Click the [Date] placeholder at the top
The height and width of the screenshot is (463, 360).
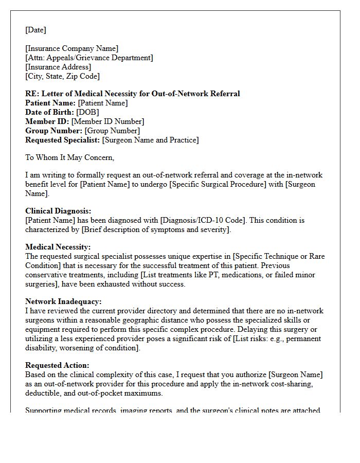point(35,30)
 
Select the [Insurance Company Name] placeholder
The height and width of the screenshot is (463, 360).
point(71,49)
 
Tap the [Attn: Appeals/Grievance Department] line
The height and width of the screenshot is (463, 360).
point(89,58)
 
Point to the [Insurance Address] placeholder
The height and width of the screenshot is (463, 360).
point(58,67)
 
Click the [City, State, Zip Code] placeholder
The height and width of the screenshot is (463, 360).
point(62,77)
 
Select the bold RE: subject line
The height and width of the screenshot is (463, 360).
point(133,94)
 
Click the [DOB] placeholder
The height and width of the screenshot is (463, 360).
point(87,112)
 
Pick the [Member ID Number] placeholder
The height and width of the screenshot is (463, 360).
point(107,121)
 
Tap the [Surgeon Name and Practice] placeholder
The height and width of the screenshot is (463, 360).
point(150,140)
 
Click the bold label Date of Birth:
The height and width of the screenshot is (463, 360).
point(49,112)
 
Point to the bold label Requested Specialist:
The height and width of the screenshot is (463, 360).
point(63,140)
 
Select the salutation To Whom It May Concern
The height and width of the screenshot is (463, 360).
point(69,157)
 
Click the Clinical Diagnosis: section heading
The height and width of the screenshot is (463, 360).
point(58,211)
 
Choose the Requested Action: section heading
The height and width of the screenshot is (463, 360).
point(57,365)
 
